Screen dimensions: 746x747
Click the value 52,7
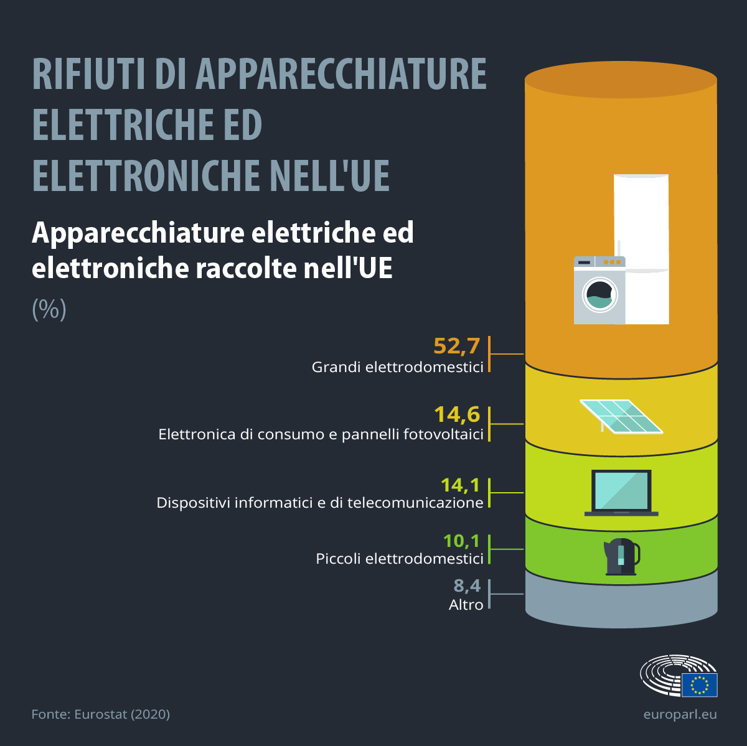pyautogui.click(x=456, y=345)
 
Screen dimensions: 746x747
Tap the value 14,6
pyautogui.click(x=457, y=414)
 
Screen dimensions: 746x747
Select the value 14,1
pyautogui.click(x=460, y=485)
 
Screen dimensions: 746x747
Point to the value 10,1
pyautogui.click(x=461, y=541)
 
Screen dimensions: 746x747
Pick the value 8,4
pyautogui.click(x=467, y=585)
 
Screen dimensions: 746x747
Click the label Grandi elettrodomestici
pyautogui.click(x=397, y=367)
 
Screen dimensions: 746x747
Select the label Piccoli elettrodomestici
pyautogui.click(x=400, y=559)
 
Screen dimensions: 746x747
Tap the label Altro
pyautogui.click(x=466, y=605)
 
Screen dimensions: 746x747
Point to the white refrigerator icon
pyautogui.click(x=642, y=218)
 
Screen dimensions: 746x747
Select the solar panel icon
pyautogui.click(x=621, y=416)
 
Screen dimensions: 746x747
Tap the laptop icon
pyautogui.click(x=621, y=493)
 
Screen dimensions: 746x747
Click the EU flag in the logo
pyautogui.click(x=699, y=684)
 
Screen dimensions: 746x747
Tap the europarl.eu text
pyautogui.click(x=680, y=714)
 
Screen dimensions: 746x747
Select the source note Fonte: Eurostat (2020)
pyautogui.click(x=100, y=714)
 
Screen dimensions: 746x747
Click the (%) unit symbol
pyautogui.click(x=49, y=309)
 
